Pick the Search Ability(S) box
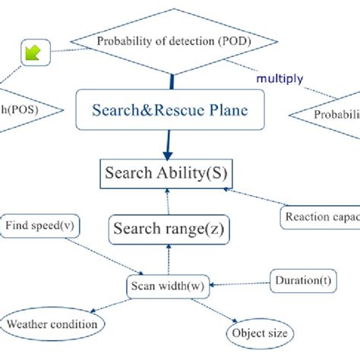(x=166, y=173)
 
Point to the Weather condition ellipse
(x=52, y=324)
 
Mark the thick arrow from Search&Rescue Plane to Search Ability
(x=166, y=143)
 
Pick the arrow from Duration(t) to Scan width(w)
(x=239, y=284)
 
